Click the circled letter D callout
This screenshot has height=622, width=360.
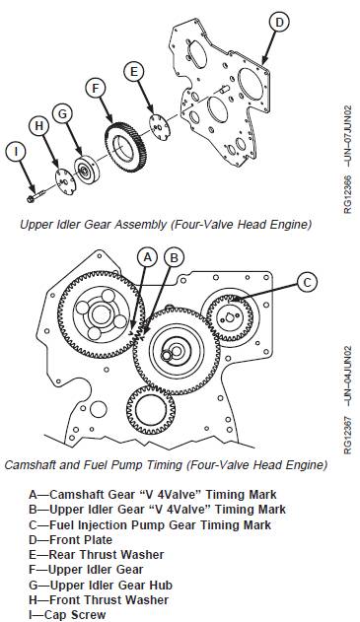click(280, 23)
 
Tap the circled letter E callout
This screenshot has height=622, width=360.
click(134, 72)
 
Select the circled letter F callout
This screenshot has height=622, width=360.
click(96, 89)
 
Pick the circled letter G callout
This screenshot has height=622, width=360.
click(62, 114)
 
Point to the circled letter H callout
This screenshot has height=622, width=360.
click(38, 126)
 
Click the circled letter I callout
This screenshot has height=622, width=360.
click(16, 152)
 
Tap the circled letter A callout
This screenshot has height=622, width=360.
click(147, 257)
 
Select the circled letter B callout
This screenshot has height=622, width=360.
click(174, 257)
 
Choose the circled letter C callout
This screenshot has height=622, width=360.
click(307, 283)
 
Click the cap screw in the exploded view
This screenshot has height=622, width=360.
click(36, 196)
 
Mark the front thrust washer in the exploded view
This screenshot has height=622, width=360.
click(64, 181)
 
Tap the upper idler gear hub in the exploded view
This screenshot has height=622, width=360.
click(88, 171)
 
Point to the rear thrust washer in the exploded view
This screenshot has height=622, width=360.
click(160, 128)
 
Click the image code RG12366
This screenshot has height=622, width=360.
click(348, 194)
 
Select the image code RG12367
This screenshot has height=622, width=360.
click(348, 435)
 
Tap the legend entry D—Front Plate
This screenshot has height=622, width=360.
click(70, 539)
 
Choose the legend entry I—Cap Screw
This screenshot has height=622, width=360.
click(67, 614)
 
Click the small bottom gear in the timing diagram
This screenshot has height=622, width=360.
click(151, 410)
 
